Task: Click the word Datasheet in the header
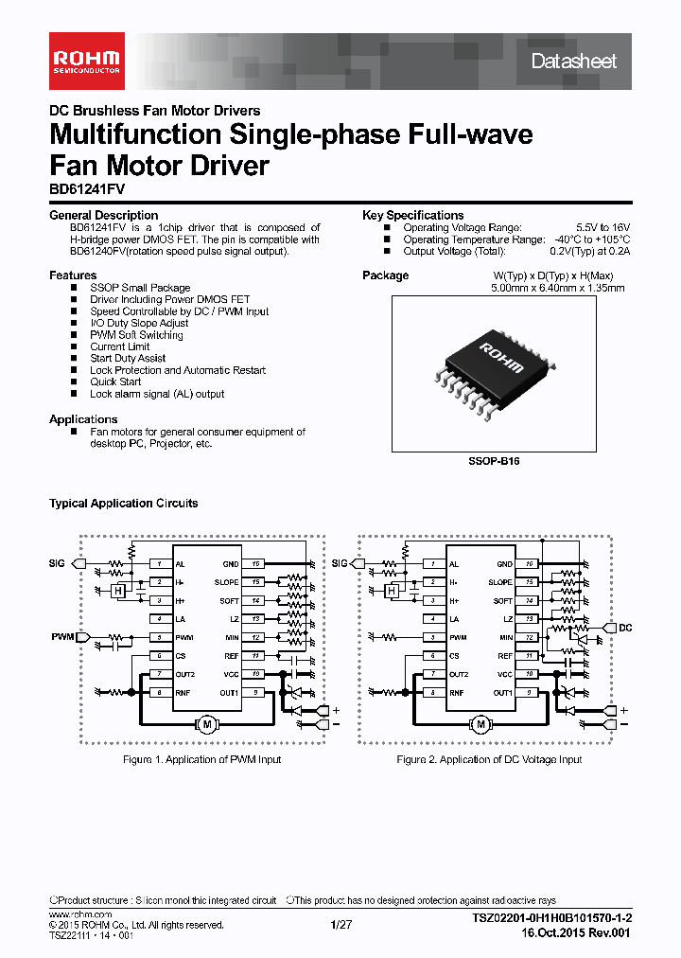click(573, 62)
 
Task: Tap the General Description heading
click(103, 215)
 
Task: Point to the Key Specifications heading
click(412, 215)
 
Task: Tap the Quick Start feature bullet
click(115, 381)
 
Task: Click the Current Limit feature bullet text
click(120, 346)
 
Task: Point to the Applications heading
click(83, 419)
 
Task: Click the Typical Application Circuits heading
click(123, 504)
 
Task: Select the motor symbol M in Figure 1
click(206, 724)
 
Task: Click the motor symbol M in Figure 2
click(480, 724)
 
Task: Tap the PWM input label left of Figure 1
click(62, 637)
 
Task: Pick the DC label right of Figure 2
click(625, 627)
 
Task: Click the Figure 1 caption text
click(201, 759)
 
